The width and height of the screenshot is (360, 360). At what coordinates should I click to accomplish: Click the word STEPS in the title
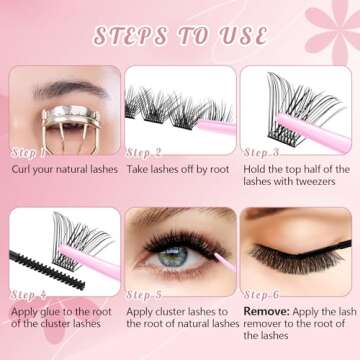click(132, 36)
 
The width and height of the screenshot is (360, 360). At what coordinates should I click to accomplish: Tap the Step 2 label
click(145, 152)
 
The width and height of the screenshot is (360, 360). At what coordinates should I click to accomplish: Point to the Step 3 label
click(262, 152)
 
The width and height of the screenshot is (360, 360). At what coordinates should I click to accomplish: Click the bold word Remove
click(266, 311)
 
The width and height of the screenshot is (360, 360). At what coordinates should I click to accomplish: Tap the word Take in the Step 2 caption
click(140, 169)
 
